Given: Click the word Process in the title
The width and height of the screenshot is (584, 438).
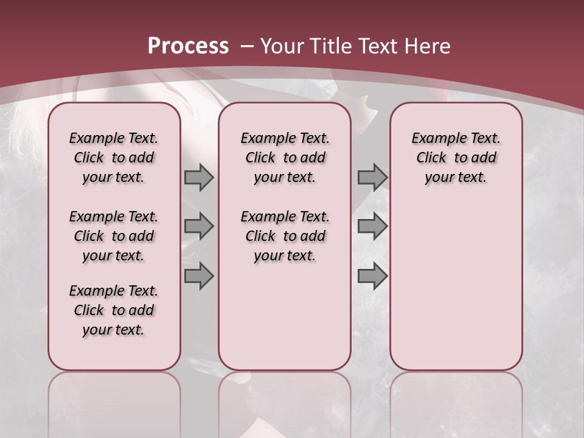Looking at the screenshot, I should (x=188, y=46).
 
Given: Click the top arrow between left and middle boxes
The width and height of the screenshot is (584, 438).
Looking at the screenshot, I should (x=199, y=178).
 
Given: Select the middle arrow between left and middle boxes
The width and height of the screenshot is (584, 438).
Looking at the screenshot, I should (x=199, y=227).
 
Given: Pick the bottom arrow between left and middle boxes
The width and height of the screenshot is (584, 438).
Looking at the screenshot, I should (x=199, y=276).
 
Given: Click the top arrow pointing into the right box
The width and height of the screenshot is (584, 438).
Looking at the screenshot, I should (x=372, y=178).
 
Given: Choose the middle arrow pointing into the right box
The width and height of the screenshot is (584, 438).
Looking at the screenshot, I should (x=372, y=227).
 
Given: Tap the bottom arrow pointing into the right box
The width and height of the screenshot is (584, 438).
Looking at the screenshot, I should (x=372, y=276).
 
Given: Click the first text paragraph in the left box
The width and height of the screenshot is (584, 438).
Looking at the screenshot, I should (x=114, y=158).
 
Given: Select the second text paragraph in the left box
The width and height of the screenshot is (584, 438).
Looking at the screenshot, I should (x=114, y=236).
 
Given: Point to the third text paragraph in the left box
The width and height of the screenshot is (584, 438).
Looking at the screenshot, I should (x=114, y=310).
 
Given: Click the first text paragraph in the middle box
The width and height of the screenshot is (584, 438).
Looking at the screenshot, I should (x=285, y=158).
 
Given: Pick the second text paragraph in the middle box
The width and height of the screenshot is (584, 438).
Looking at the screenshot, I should (x=285, y=236).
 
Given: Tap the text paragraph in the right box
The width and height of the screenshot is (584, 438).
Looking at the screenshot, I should (x=456, y=158).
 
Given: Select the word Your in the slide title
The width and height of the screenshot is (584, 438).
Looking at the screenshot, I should (x=282, y=46).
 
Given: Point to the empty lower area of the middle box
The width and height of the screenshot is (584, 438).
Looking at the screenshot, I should (x=285, y=316).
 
